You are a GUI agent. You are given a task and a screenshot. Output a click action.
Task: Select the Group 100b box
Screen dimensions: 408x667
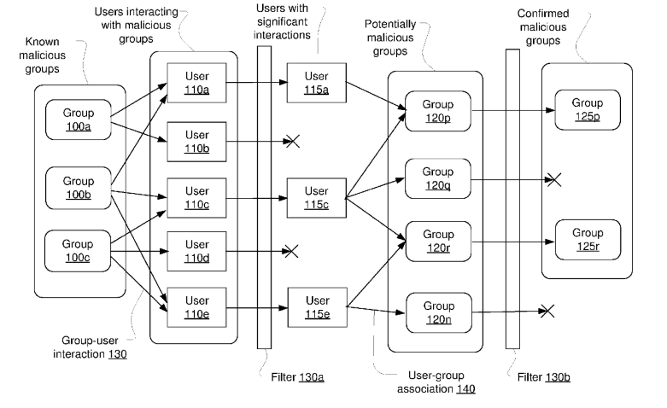78,189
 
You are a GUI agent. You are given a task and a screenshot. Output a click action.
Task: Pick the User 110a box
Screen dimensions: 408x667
196,83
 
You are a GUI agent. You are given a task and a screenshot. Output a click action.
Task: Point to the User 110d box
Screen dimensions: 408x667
196,251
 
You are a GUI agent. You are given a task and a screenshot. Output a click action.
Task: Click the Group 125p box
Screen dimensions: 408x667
587,110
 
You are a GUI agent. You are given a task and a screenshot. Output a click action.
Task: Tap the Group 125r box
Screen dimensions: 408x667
587,240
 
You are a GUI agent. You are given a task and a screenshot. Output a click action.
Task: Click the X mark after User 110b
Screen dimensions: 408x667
292,141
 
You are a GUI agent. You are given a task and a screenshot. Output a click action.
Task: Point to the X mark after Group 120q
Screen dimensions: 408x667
553,179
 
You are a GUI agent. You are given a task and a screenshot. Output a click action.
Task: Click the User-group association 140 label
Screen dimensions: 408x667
424,382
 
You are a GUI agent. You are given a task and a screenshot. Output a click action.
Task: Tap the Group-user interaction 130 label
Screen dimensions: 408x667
94,347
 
